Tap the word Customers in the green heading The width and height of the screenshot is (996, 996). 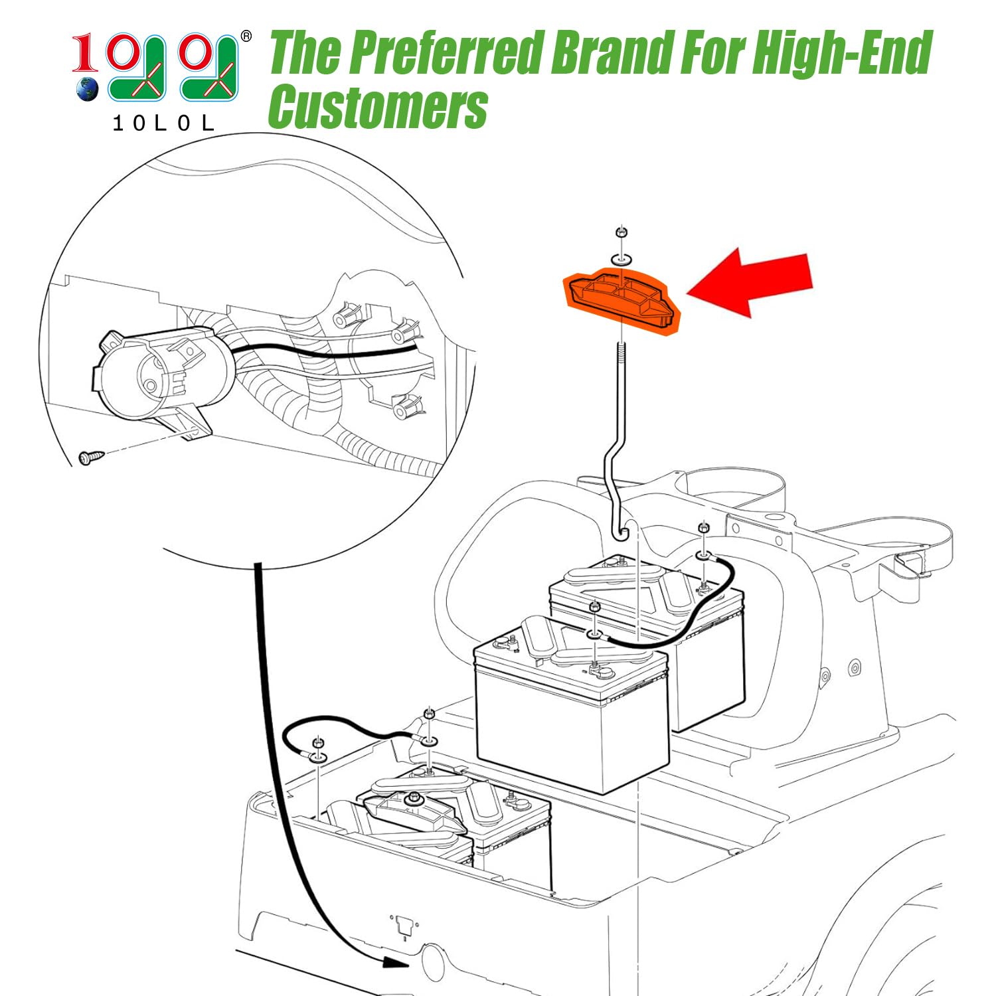[378, 107]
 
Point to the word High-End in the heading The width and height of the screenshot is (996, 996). [843, 53]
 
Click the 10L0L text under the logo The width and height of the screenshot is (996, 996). [163, 123]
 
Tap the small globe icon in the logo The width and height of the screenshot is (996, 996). [87, 89]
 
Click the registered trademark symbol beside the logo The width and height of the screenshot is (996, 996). [246, 37]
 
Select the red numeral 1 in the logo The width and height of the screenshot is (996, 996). [84, 54]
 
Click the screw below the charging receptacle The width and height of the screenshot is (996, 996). [91, 457]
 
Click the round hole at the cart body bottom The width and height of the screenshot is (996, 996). [434, 962]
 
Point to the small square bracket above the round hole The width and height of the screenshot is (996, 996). [404, 925]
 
